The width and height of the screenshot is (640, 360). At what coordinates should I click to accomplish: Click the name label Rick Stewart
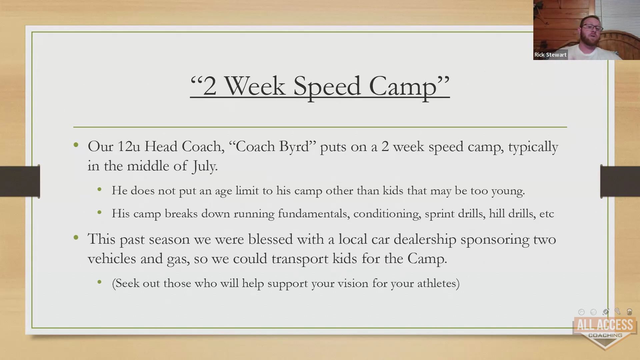click(x=550, y=55)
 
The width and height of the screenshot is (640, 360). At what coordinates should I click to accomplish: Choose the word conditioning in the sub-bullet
click(x=387, y=214)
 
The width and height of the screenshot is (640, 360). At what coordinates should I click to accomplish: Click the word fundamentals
click(x=314, y=214)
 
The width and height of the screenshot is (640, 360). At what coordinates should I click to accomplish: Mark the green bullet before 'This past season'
click(x=76, y=238)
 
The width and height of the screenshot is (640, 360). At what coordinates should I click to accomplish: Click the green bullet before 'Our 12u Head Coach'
click(x=76, y=145)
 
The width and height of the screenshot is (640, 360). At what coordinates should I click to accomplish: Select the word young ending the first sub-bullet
click(x=508, y=191)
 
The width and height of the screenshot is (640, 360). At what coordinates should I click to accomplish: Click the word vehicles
click(x=112, y=259)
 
